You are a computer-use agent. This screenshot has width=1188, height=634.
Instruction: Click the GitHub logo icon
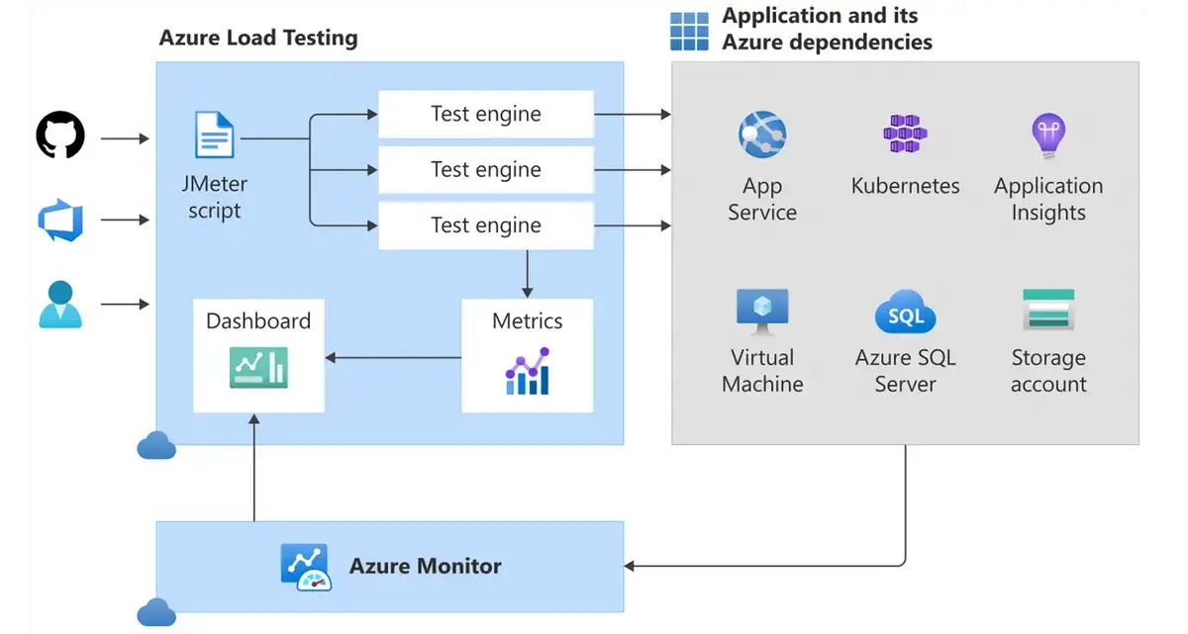(60, 135)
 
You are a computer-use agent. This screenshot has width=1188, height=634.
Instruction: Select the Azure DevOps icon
(60, 220)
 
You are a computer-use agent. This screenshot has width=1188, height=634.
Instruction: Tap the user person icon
(60, 304)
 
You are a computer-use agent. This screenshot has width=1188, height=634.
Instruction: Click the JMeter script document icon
(215, 136)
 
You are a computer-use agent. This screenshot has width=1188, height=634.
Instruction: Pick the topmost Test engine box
(485, 114)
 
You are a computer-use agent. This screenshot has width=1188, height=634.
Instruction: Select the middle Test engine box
(485, 170)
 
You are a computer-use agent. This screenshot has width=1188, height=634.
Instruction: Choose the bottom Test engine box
(485, 226)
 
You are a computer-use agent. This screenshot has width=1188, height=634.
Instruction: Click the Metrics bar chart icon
(527, 371)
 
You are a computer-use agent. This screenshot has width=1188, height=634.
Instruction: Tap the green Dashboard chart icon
(258, 367)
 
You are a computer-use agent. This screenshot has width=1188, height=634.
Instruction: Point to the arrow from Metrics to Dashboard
(393, 358)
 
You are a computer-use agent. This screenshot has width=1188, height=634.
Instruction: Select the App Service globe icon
(761, 135)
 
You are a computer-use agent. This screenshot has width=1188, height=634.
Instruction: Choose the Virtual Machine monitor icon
(761, 312)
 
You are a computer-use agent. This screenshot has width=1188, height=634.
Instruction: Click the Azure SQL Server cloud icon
(905, 314)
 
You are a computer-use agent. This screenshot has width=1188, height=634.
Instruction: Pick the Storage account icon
(1047, 311)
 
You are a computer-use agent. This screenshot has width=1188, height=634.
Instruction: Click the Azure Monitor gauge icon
(305, 567)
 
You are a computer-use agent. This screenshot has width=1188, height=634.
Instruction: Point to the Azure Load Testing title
(258, 39)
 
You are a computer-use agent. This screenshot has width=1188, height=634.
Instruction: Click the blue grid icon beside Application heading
(689, 31)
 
